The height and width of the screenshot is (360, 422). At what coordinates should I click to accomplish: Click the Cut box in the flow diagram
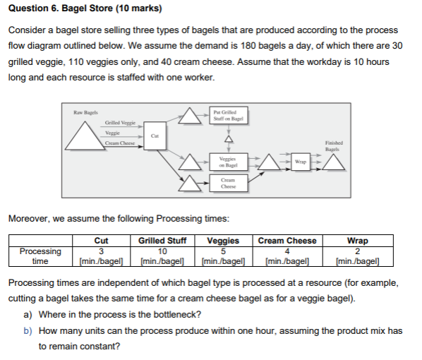click(x=155, y=133)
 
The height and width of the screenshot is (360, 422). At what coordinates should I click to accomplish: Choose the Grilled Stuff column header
click(x=162, y=241)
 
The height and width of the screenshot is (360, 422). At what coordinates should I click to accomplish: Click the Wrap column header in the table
click(x=357, y=241)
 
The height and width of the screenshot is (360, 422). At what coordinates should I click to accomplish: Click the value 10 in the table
click(x=162, y=250)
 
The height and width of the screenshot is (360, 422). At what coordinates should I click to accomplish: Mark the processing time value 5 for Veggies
click(x=222, y=250)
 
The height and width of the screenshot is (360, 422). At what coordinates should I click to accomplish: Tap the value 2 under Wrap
click(x=357, y=250)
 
